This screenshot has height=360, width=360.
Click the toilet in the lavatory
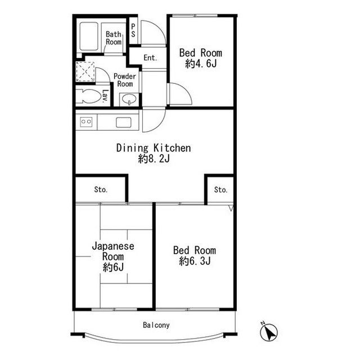(89, 96)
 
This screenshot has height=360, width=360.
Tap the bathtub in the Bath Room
(89, 36)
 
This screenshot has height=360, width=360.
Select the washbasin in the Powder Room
(129, 100)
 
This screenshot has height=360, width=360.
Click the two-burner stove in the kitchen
(86, 121)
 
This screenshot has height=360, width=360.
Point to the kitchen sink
(124, 123)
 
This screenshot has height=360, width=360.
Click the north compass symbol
(269, 332)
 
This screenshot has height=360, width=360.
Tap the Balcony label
(156, 325)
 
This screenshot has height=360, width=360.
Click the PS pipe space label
(133, 30)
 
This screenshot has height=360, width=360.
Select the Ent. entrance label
(150, 57)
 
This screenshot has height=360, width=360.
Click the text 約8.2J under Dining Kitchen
(154, 159)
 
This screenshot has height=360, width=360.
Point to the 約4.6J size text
(201, 64)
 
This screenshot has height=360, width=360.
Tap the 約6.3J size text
(195, 261)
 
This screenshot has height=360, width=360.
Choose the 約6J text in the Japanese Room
(113, 267)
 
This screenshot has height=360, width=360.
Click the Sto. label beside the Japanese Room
(101, 190)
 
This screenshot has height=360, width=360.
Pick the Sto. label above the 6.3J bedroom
(220, 190)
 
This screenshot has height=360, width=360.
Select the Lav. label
(105, 96)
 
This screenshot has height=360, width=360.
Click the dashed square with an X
(85, 71)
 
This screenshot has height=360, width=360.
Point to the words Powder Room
(125, 80)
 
